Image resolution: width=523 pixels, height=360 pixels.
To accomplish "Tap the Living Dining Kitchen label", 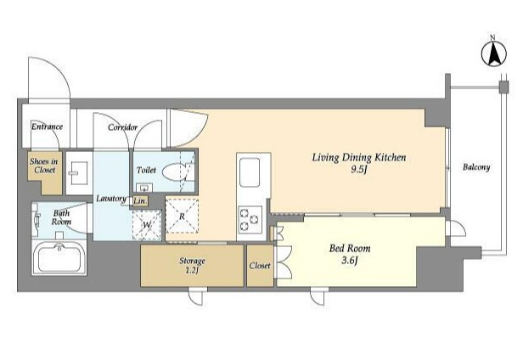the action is [x=359, y=157].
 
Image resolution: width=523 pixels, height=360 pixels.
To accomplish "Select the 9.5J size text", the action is [x=359, y=170].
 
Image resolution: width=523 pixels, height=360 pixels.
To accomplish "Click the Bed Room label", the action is [x=350, y=248].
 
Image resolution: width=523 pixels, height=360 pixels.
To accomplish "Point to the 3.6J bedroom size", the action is [x=350, y=261].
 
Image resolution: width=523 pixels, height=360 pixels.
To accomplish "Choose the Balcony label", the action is [x=476, y=167].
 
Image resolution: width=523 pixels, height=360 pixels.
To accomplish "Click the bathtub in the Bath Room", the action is [x=59, y=257].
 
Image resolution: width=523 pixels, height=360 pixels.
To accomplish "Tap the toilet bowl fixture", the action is [x=174, y=172].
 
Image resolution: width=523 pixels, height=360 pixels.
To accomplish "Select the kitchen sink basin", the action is [x=250, y=172].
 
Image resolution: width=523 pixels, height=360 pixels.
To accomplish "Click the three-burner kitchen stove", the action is [x=250, y=220].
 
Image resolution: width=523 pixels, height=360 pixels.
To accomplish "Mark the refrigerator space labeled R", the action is [x=182, y=216].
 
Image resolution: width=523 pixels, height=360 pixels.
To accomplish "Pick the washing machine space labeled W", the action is [x=147, y=225].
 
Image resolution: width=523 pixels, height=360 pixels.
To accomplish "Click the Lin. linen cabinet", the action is [x=140, y=201].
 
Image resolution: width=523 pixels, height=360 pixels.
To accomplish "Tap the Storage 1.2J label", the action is [x=192, y=265].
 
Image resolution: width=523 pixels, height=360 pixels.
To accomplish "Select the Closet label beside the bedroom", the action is [x=260, y=266].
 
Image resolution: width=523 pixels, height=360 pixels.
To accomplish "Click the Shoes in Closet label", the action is [x=44, y=166].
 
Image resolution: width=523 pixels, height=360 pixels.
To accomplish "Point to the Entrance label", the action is [x=47, y=127].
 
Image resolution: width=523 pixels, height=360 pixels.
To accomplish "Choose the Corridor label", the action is [x=122, y=127].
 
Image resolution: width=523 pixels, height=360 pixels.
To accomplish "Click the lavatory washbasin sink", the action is [x=79, y=173].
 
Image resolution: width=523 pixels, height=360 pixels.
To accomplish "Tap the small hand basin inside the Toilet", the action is [x=144, y=188].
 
